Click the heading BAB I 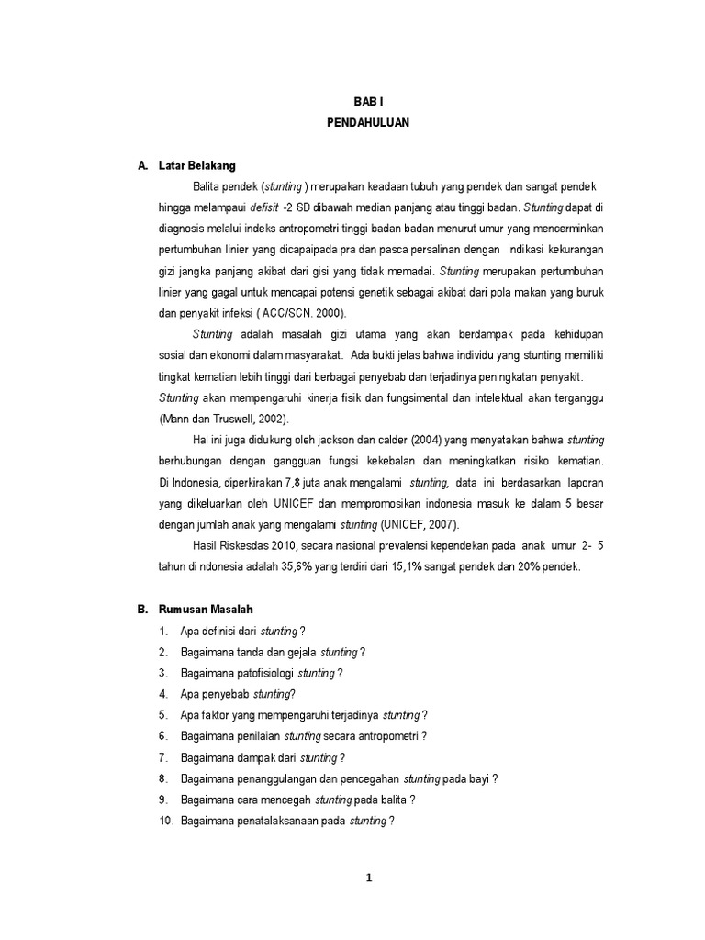pyautogui.click(x=366, y=105)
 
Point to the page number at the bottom pyautogui.click(x=368, y=878)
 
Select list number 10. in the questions pyautogui.click(x=166, y=821)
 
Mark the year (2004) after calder pyautogui.click(x=406, y=440)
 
